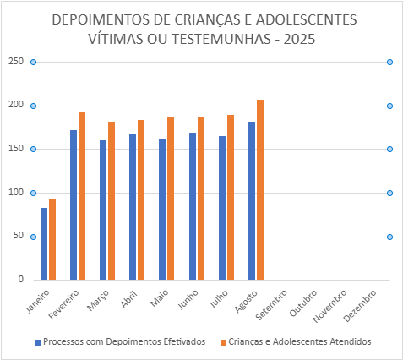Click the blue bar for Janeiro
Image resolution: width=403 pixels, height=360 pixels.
(x=44, y=243)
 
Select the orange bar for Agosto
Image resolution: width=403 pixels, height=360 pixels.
(x=260, y=189)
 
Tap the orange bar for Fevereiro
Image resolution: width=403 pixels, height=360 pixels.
(x=82, y=195)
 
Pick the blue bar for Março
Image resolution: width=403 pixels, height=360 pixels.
(x=103, y=210)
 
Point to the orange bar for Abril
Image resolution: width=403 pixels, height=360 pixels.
(x=141, y=199)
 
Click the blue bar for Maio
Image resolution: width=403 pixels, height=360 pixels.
(x=162, y=209)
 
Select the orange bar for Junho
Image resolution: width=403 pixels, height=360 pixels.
(x=201, y=199)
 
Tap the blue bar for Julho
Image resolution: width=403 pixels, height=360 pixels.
(x=222, y=208)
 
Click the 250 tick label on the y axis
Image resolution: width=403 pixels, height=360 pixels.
(x=16, y=61)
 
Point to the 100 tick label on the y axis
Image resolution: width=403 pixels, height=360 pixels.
(x=16, y=192)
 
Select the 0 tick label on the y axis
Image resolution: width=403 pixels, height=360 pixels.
(x=21, y=279)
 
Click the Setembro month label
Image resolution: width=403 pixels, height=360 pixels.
(x=271, y=305)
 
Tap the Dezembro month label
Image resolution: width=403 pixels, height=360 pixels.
(x=360, y=306)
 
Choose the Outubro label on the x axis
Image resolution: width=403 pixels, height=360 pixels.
(x=303, y=303)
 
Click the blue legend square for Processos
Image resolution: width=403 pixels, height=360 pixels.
(x=38, y=342)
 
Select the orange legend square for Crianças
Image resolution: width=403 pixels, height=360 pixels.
(x=223, y=342)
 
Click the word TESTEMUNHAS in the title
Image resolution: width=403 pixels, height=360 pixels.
(x=221, y=39)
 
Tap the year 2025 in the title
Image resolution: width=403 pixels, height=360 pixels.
(x=299, y=39)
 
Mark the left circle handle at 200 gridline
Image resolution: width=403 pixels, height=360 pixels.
(x=33, y=106)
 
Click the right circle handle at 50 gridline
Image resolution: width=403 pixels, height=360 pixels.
(x=389, y=237)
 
